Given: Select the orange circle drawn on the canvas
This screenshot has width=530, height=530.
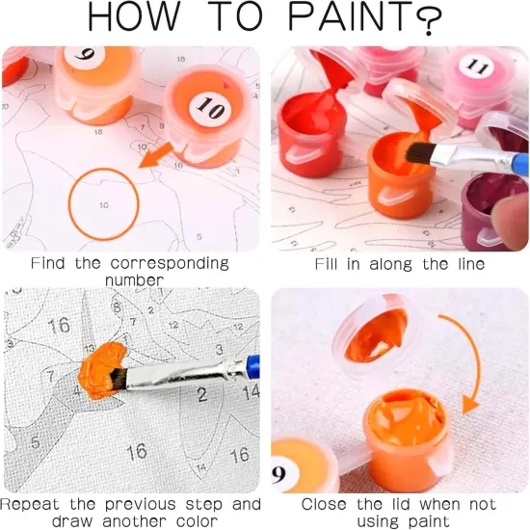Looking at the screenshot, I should pos(104,204).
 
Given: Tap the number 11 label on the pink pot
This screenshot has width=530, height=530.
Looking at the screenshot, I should pos(474,66).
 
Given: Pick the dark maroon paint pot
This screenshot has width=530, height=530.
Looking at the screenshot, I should pos(493,206).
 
